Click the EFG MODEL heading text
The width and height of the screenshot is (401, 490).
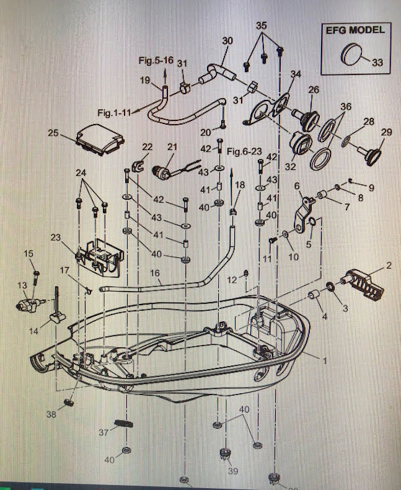click(355, 29)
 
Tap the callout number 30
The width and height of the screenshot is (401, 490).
click(227, 40)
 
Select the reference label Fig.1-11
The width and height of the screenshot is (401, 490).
click(115, 114)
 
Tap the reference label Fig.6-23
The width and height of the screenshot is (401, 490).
click(244, 151)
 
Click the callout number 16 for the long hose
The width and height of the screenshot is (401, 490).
click(155, 273)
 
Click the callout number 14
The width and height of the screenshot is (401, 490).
click(41, 331)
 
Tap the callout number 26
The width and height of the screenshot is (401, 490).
click(314, 89)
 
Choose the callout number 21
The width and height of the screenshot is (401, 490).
click(172, 146)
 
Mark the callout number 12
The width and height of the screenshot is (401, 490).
click(231, 280)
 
